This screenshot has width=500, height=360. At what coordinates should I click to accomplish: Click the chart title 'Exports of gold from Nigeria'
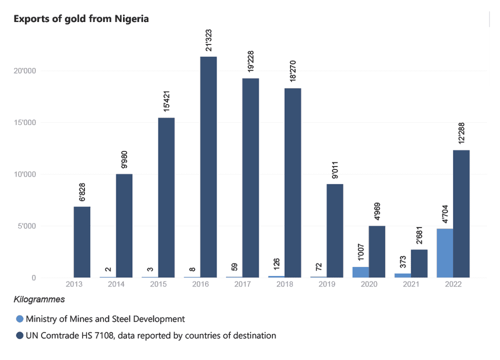tap(81, 19)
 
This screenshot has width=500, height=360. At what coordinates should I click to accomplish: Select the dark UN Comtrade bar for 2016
tap(208, 167)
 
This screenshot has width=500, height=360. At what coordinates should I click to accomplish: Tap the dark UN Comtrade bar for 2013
tap(82, 242)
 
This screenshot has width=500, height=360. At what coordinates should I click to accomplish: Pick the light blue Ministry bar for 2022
tap(444, 253)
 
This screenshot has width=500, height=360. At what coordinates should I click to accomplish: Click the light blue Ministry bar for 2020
tap(360, 272)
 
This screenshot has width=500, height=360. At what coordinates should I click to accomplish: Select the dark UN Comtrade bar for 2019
tap(335, 230)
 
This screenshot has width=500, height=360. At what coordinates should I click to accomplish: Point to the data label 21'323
tap(208, 39)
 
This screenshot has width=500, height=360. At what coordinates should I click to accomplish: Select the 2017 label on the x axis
tap(242, 283)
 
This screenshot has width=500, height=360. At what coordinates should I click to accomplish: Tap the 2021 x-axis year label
tap(411, 283)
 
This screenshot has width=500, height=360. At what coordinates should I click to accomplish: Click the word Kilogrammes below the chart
tap(39, 299)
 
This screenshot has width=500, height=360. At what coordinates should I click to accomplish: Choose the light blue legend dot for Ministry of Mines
tap(19, 319)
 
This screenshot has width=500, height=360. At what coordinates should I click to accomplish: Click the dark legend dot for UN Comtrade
tap(19, 336)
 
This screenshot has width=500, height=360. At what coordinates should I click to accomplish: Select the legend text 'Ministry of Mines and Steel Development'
tap(105, 319)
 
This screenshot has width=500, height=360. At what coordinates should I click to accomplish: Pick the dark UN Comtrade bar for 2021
tap(419, 263)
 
